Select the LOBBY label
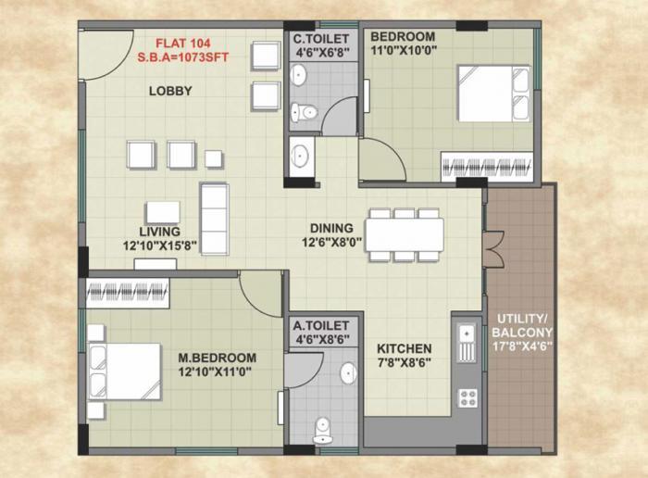coord(170,91)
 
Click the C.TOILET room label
coord(320,39)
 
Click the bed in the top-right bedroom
coord(493,93)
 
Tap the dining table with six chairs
coord(404,234)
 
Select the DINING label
coord(331,228)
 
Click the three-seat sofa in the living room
coord(215,219)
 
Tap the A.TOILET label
coord(320,326)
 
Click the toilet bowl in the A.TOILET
coord(322,427)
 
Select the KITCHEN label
coord(404,349)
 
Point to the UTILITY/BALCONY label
coord(522,324)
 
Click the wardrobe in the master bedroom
coord(127,294)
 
